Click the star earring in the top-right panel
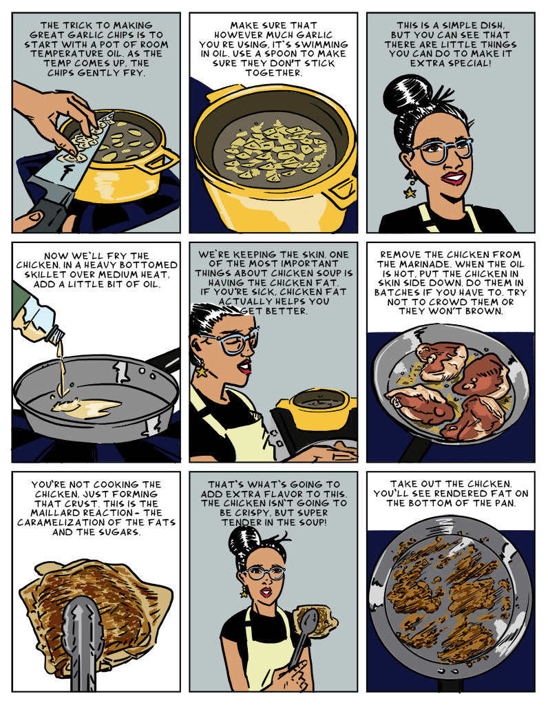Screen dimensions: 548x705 pyautogui.click(x=410, y=193)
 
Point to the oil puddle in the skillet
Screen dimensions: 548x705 pyautogui.click(x=86, y=406)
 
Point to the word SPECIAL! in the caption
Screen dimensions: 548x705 pyautogui.click(x=467, y=63)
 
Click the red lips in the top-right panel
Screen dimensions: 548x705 pyautogui.click(x=454, y=178)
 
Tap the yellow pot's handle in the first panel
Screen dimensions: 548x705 pyautogui.click(x=162, y=161)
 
